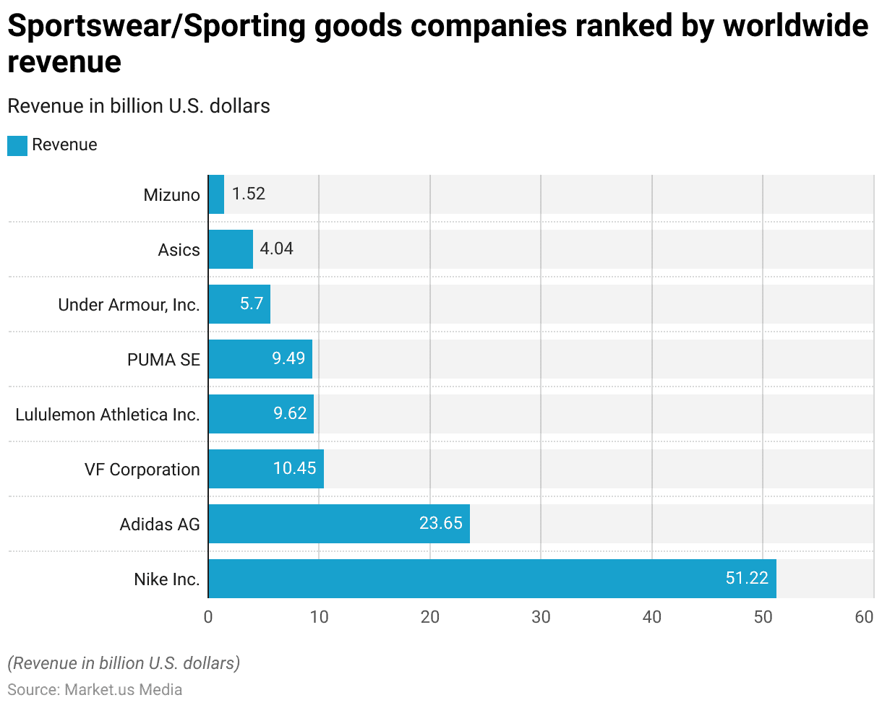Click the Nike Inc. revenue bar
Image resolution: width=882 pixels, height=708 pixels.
492,579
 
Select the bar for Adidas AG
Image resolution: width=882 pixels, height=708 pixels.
338,524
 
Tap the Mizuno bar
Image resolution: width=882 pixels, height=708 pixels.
216,194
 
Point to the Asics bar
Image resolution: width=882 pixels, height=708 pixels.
231,249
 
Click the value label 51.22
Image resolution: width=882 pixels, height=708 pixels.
746,579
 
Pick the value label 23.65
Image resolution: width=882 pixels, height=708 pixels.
440,524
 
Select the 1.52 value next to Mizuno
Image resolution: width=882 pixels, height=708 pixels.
249,194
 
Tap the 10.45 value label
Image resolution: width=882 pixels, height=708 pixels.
294,469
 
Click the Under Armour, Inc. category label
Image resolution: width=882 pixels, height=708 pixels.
129,305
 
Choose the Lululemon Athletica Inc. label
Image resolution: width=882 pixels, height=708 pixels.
108,415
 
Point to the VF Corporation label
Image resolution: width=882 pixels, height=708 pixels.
142,470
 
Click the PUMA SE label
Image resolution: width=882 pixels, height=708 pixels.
163,360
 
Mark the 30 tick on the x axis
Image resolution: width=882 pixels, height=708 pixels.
541,618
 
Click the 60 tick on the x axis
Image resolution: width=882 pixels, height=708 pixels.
864,618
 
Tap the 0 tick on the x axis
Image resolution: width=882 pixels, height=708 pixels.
208,618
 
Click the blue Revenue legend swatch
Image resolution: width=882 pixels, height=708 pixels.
17,145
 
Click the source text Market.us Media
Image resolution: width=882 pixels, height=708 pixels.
123,689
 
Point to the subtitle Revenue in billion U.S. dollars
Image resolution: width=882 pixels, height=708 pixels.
138,106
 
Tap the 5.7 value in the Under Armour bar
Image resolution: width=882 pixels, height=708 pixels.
252,304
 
